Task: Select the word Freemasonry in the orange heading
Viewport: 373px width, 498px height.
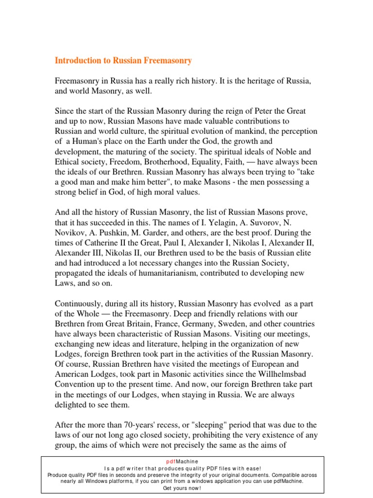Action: pyautogui.click(x=166, y=61)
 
